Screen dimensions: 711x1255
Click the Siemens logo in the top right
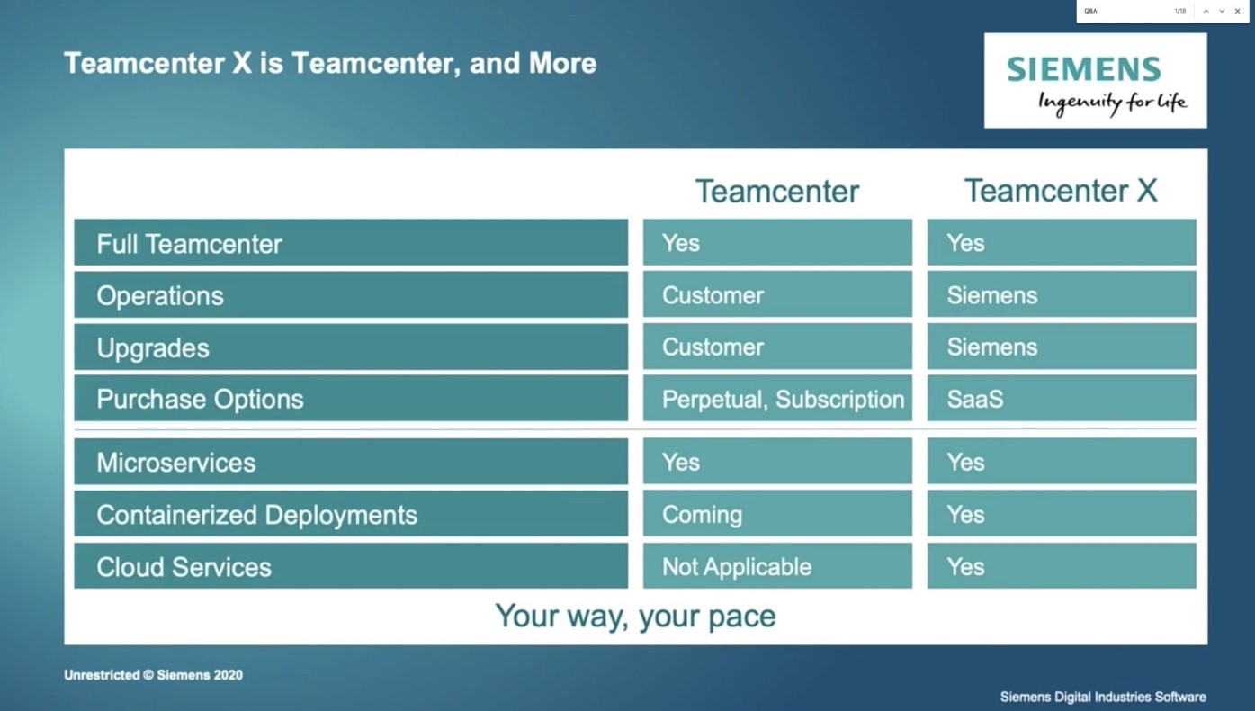pos(1095,81)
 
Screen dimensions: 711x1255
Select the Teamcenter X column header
pos(1061,191)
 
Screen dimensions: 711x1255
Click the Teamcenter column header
pos(777,191)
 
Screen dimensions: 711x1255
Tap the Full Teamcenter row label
pos(351,243)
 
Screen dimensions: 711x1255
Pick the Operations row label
pos(351,295)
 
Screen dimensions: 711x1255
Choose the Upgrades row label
pos(351,347)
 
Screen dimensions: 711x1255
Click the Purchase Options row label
pos(351,399)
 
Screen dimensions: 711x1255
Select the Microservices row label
pos(351,462)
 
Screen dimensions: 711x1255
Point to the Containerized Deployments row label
pos(351,514)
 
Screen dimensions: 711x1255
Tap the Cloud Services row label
pos(351,566)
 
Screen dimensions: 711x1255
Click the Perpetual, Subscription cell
pos(777,399)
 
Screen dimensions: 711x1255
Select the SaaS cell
pos(1062,399)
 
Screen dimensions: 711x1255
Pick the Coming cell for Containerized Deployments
pos(777,514)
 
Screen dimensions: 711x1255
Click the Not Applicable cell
pos(777,566)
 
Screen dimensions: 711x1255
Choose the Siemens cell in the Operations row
pos(1062,295)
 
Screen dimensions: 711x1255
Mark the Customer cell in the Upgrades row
pos(777,347)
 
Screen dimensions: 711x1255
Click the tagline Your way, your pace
pos(635,616)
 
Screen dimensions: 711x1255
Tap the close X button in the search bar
pos(1237,11)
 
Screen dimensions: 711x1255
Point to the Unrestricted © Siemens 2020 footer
pos(153,675)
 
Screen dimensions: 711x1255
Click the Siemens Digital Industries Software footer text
pos(1102,697)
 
